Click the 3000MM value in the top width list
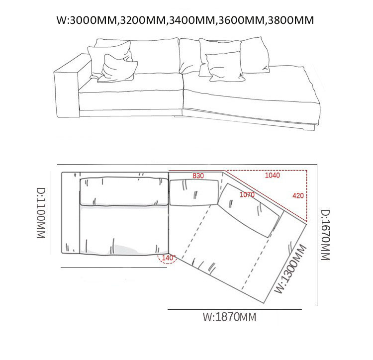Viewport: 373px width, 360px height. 93,20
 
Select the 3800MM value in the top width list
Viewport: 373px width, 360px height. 291,20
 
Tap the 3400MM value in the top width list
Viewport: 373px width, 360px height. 192,20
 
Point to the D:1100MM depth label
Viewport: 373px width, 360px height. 41,213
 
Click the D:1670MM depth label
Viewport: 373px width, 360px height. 325,235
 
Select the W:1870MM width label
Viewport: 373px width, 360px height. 229,317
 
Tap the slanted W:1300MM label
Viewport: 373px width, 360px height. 291,269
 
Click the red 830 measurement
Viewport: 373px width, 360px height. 198,176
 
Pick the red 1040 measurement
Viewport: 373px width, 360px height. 273,175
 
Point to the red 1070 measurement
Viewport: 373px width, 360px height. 247,195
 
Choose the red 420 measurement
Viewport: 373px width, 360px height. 298,196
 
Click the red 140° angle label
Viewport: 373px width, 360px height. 169,258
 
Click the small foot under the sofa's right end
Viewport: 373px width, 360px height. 309,128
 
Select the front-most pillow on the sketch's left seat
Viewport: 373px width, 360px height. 118,69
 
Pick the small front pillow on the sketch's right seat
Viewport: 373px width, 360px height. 225,67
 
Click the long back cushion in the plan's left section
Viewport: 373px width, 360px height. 124,191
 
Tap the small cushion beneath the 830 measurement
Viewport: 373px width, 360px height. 193,192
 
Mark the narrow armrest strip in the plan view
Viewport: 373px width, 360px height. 71,213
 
